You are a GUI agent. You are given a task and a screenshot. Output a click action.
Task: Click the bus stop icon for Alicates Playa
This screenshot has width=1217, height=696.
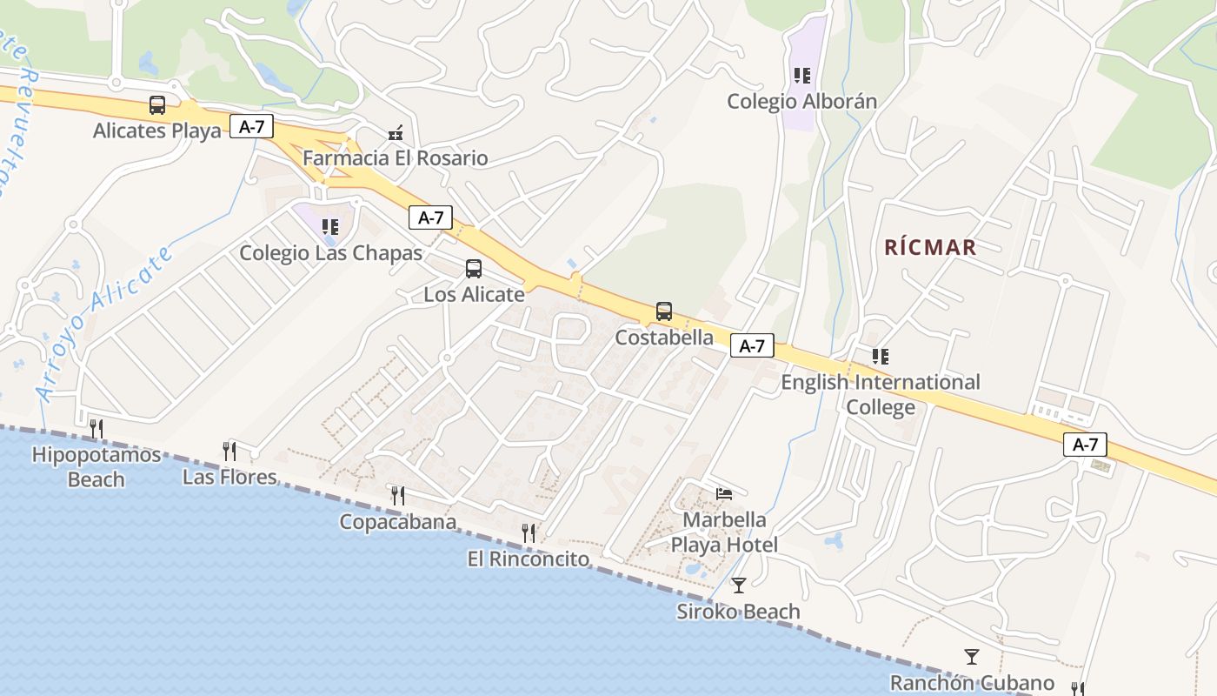(157, 105)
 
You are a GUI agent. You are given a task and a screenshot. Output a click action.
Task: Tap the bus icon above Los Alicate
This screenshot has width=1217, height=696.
(474, 269)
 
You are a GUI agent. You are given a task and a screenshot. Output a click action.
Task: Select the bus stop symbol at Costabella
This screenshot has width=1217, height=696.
(664, 311)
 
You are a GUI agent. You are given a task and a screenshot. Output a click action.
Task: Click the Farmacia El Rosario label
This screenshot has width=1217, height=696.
(395, 158)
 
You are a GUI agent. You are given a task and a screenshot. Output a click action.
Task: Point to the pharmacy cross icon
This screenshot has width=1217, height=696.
(396, 133)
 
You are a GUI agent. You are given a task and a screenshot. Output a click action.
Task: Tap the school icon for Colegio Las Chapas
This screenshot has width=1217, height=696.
(330, 227)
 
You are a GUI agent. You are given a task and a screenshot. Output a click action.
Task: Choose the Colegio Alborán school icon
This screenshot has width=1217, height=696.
(801, 76)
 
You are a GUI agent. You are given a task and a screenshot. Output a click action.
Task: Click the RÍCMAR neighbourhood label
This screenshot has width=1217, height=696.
(930, 247)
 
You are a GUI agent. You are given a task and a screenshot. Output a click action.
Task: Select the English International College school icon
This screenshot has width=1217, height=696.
(881, 357)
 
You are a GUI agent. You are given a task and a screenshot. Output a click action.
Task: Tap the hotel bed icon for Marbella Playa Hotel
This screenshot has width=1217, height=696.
(723, 493)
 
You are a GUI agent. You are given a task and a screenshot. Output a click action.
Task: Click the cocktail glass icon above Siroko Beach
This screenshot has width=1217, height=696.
(739, 585)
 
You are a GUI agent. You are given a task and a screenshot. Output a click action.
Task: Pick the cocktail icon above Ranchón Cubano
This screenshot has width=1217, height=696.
(972, 656)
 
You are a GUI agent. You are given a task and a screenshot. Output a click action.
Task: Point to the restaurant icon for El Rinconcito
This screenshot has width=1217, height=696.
(529, 532)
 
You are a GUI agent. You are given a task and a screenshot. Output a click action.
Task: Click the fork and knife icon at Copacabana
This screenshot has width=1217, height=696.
(398, 495)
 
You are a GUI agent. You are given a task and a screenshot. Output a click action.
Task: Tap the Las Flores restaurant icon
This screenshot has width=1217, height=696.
(229, 451)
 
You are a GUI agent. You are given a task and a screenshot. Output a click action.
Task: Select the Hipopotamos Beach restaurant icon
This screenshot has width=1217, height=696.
(96, 428)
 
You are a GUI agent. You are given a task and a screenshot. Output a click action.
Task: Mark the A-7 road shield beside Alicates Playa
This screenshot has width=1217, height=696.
(251, 127)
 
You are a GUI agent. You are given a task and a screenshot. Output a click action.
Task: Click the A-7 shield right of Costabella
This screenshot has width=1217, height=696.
(752, 346)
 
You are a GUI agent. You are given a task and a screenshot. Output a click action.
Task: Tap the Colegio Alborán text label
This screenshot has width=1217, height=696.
(801, 102)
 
